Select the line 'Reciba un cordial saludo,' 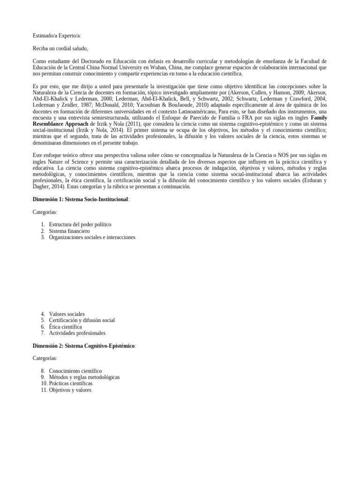point(60,48)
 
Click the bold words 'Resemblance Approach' point(60,124)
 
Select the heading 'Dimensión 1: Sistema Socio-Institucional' point(80,199)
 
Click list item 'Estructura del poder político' point(80,225)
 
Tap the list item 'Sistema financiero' point(69,231)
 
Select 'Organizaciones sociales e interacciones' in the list point(92,237)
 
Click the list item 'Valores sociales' point(67,314)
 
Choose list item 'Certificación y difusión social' point(82,320)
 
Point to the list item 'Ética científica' point(65,327)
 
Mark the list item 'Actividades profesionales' point(77,333)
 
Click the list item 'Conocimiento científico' point(75,371)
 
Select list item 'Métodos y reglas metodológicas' point(84,377)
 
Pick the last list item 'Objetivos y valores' point(70,390)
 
